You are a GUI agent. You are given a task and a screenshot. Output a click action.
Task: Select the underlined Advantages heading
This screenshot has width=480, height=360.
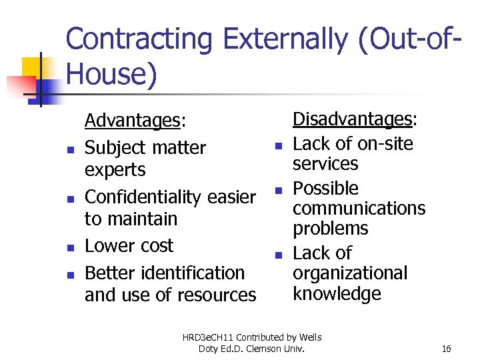point(133,121)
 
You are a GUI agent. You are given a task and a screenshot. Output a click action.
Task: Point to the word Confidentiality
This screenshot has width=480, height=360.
point(144,197)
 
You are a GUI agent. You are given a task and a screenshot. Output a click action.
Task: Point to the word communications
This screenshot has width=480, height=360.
point(359,209)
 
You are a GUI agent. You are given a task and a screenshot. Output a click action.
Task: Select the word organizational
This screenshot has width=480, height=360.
point(350,274)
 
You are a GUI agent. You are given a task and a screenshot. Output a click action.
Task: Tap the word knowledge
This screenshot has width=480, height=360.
point(337,294)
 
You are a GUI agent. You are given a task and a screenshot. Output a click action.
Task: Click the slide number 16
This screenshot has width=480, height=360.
point(446,349)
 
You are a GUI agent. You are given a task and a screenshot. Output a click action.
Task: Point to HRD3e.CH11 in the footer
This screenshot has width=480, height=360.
point(212,337)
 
